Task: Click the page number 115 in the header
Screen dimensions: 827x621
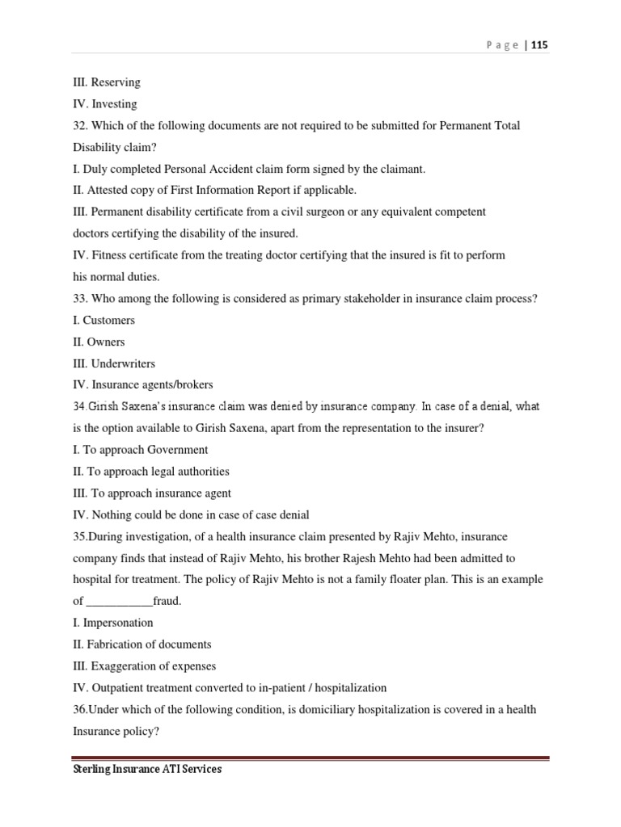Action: click(539, 45)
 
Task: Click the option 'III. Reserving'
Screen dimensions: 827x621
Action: click(106, 82)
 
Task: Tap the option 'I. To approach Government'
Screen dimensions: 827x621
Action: click(140, 450)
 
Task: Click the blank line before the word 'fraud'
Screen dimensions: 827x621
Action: click(119, 602)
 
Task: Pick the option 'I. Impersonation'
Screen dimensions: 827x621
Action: click(112, 623)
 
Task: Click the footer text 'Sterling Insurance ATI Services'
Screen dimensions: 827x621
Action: click(146, 770)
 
